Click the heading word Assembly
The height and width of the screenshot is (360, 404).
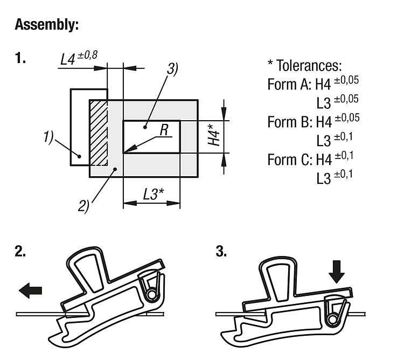[47, 24]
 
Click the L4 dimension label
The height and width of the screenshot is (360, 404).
[68, 59]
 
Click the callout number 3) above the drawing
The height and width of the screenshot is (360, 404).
[172, 69]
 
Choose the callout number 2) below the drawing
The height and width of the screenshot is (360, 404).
[84, 206]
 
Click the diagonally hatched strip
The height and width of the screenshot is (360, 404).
[99, 133]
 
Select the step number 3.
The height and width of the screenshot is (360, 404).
[221, 252]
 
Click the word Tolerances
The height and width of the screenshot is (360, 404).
[309, 66]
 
